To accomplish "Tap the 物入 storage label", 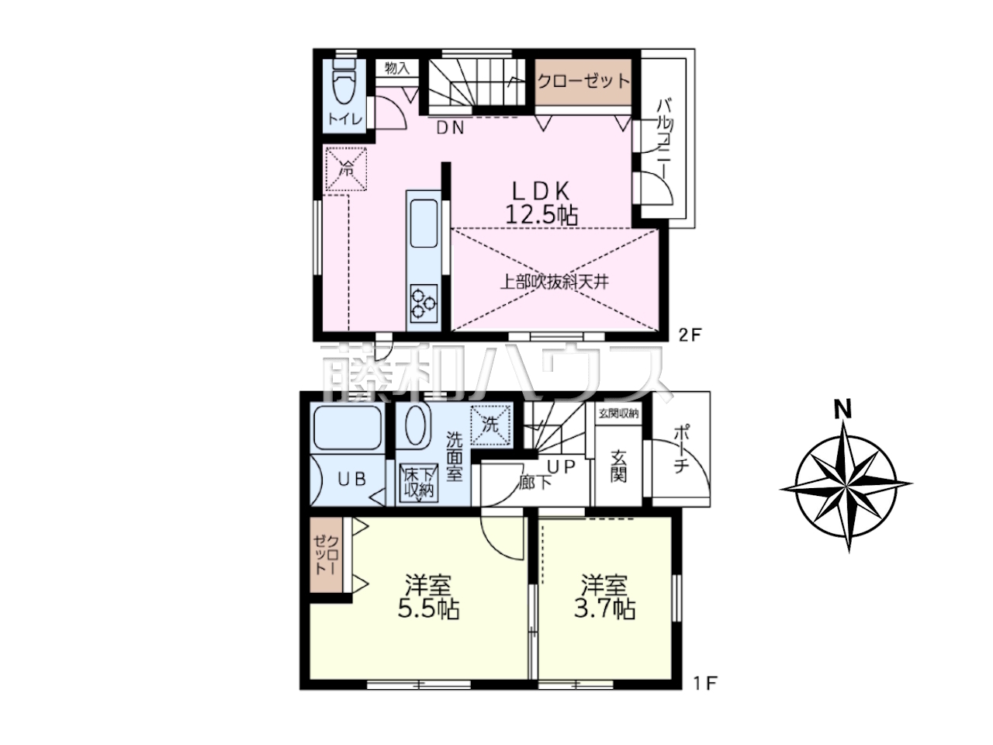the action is pyautogui.click(x=396, y=68).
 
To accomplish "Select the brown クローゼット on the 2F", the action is pyautogui.click(x=583, y=82).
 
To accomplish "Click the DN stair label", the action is pyautogui.click(x=450, y=129).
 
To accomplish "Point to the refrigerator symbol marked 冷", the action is pyautogui.click(x=346, y=169).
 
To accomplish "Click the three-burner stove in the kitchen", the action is pyautogui.click(x=424, y=303).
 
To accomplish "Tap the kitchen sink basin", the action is pyautogui.click(x=424, y=223).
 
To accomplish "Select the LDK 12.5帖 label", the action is pyautogui.click(x=541, y=203).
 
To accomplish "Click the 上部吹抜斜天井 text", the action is pyautogui.click(x=554, y=282).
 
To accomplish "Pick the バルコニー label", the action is pyautogui.click(x=663, y=139).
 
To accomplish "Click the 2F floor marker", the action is pyautogui.click(x=690, y=334).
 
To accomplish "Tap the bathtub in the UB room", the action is pyautogui.click(x=347, y=427).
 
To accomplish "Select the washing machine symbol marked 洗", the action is pyautogui.click(x=490, y=424).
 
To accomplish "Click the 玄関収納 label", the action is pyautogui.click(x=618, y=413).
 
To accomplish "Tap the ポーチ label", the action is pyautogui.click(x=681, y=449).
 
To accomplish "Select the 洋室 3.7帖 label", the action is pyautogui.click(x=604, y=597).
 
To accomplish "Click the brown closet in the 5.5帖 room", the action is pyautogui.click(x=326, y=555).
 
